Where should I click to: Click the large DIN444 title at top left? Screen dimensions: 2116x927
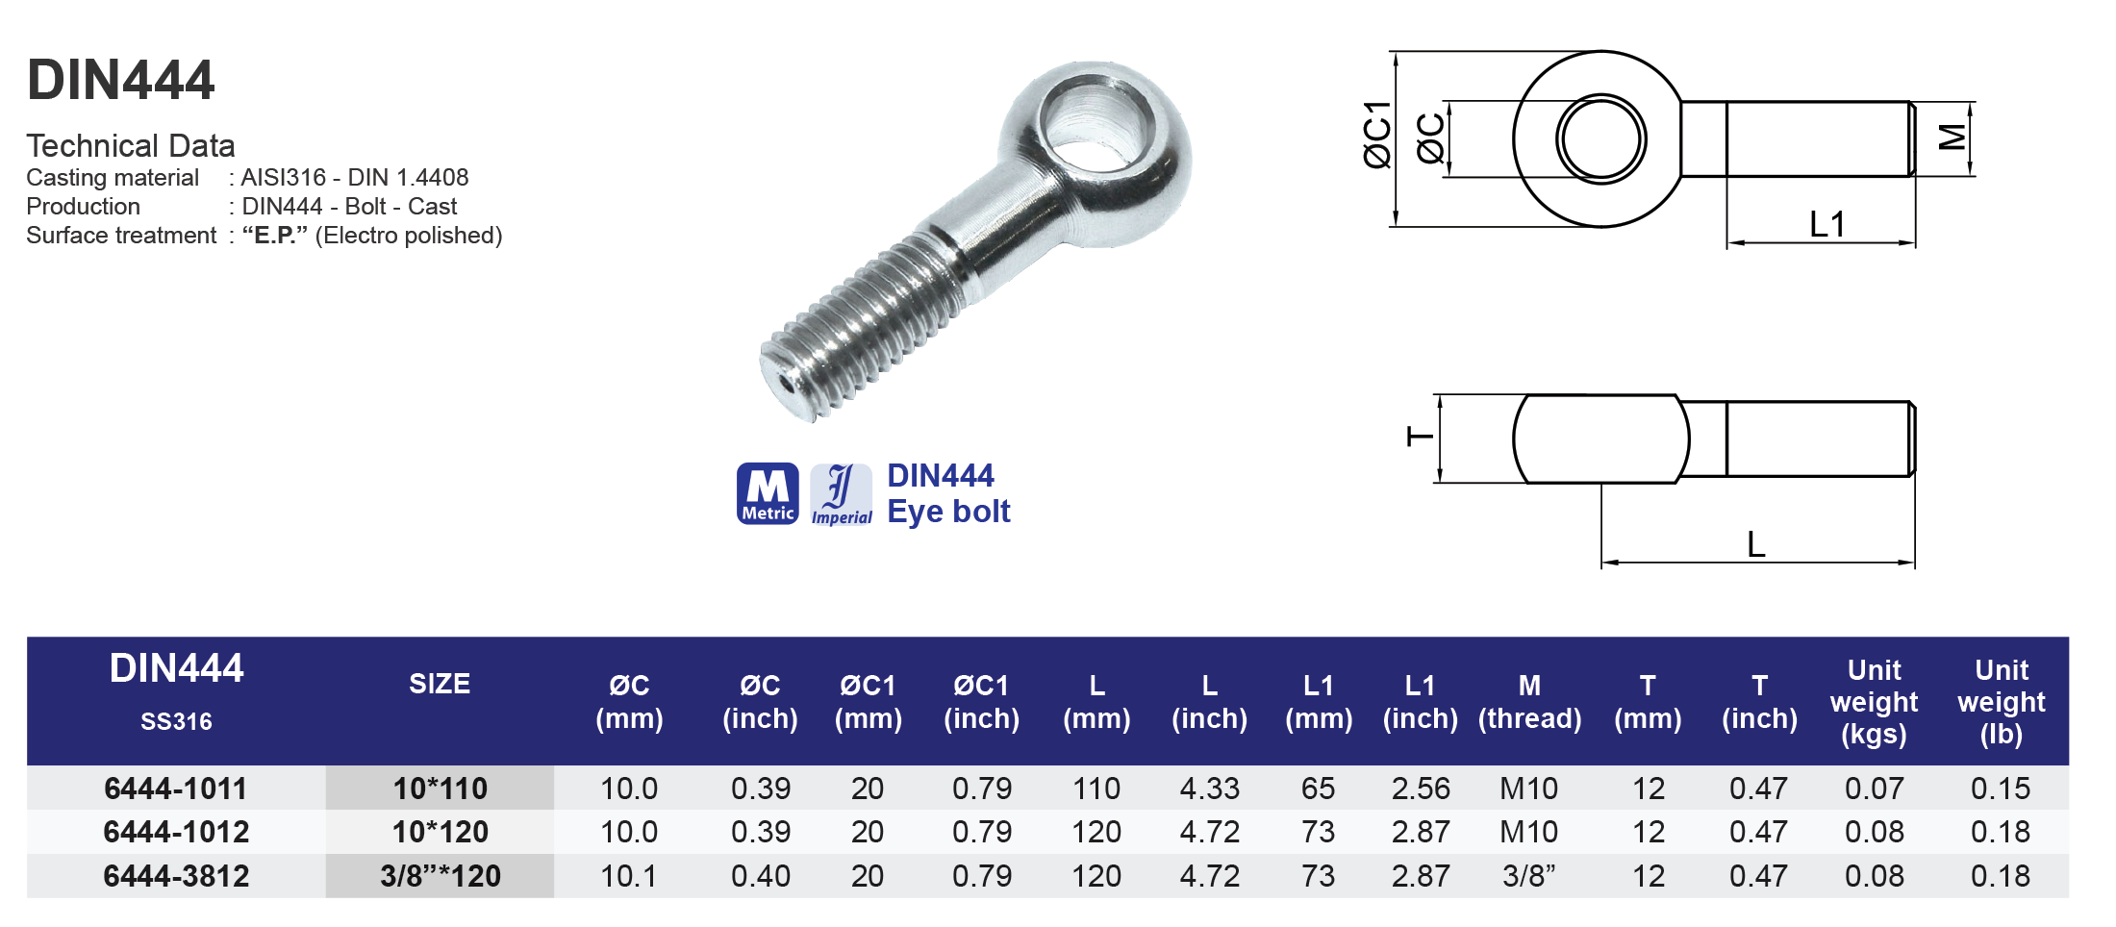tap(121, 80)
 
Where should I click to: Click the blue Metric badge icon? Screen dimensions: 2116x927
tap(767, 493)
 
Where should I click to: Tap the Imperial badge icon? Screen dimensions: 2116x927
tap(841, 494)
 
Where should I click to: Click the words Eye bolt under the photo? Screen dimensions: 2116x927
tap(947, 512)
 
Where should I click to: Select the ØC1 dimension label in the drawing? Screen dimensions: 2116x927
tap(1377, 135)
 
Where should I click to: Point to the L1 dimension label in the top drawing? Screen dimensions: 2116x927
tap(1826, 225)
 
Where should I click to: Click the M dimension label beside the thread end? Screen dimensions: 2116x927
tap(1952, 138)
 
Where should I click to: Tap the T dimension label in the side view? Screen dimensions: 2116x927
tap(1421, 438)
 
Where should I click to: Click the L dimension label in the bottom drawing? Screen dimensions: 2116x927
tap(1755, 545)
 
